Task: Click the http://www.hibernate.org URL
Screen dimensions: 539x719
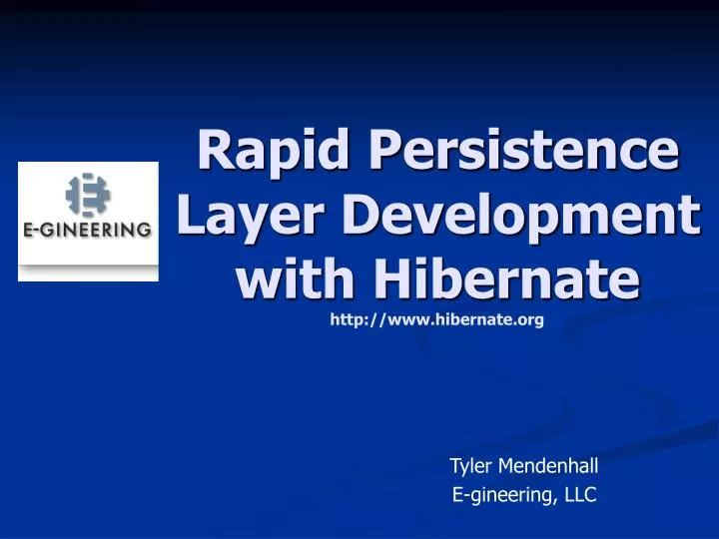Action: (436, 320)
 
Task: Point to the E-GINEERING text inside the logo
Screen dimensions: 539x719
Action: (88, 229)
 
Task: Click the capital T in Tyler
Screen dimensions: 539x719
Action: (454, 464)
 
